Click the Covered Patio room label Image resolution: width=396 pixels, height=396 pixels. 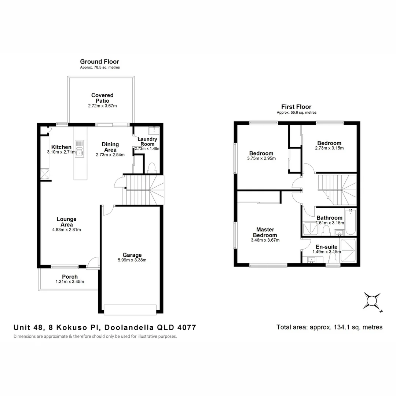pyautogui.click(x=102, y=98)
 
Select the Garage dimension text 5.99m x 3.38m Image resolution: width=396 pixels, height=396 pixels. pyautogui.click(x=132, y=261)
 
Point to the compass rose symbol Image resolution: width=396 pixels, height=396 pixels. pyautogui.click(x=371, y=302)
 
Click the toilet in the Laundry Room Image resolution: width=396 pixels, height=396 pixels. pyautogui.click(x=151, y=168)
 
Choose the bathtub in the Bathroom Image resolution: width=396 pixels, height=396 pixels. pyautogui.click(x=350, y=222)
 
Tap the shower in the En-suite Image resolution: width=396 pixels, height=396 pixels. pyautogui.click(x=348, y=250)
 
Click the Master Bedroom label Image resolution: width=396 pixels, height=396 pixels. pyautogui.click(x=265, y=232)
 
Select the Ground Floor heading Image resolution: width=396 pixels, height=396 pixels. pyautogui.click(x=99, y=62)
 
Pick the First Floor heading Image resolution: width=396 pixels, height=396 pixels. pyautogui.click(x=296, y=107)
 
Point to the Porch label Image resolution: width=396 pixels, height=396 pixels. pyautogui.click(x=70, y=277)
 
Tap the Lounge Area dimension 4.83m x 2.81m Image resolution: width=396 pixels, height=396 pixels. pyautogui.click(x=66, y=230)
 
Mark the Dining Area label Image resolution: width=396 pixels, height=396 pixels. pyautogui.click(x=110, y=147)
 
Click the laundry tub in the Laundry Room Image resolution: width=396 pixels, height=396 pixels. pyautogui.click(x=154, y=130)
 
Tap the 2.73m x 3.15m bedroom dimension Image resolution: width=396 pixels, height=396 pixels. pyautogui.click(x=329, y=148)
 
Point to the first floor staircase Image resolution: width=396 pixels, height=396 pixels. pyautogui.click(x=337, y=190)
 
